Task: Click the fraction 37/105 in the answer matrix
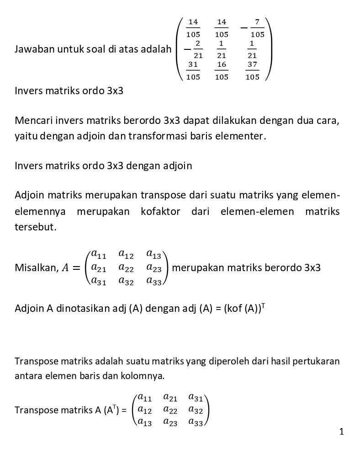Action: [252, 71]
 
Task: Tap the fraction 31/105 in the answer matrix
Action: [193, 71]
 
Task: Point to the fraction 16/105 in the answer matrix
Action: [222, 71]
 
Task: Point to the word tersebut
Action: [36, 227]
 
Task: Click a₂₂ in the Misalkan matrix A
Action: [126, 267]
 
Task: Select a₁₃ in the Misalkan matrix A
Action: [154, 254]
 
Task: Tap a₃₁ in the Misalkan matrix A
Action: [98, 282]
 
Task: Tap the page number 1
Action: [342, 431]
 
